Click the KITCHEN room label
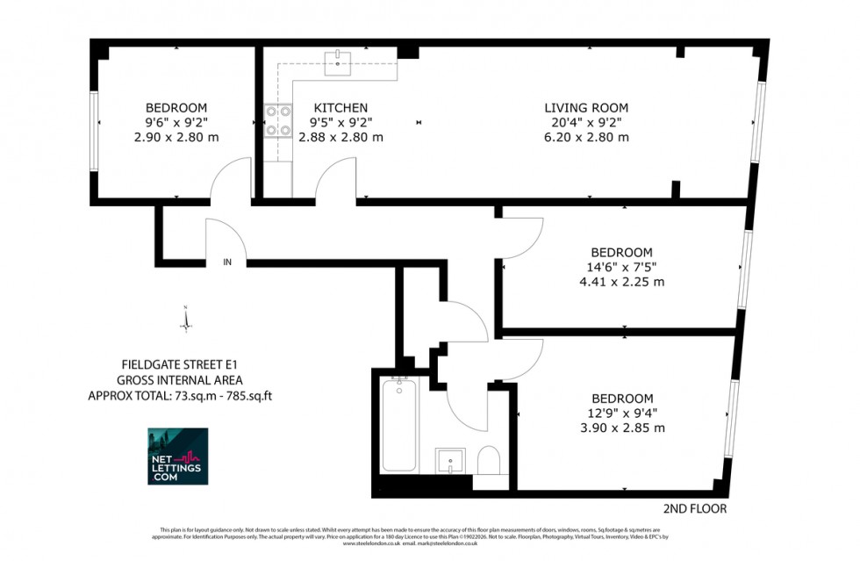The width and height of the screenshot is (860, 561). pos(340,108)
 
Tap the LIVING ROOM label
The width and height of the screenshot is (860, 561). pos(586,108)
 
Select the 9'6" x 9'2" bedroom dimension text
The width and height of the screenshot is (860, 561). pos(176,123)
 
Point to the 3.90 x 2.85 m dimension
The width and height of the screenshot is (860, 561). pos(621,428)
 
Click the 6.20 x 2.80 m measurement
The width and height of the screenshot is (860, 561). pos(586,137)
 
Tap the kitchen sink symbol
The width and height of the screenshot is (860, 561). pos(339,60)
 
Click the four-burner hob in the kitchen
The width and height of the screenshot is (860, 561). pos(278,121)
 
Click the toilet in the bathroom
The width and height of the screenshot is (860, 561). pos(489,460)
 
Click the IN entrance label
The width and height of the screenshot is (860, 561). pos(227,262)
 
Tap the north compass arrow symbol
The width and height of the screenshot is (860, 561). pos(186,318)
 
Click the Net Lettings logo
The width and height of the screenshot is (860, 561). pos(178,457)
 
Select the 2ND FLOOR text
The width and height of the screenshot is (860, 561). pos(696,508)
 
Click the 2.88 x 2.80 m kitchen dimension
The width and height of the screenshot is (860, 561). pos(340,137)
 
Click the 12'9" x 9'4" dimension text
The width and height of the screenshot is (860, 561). pos(621,413)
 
